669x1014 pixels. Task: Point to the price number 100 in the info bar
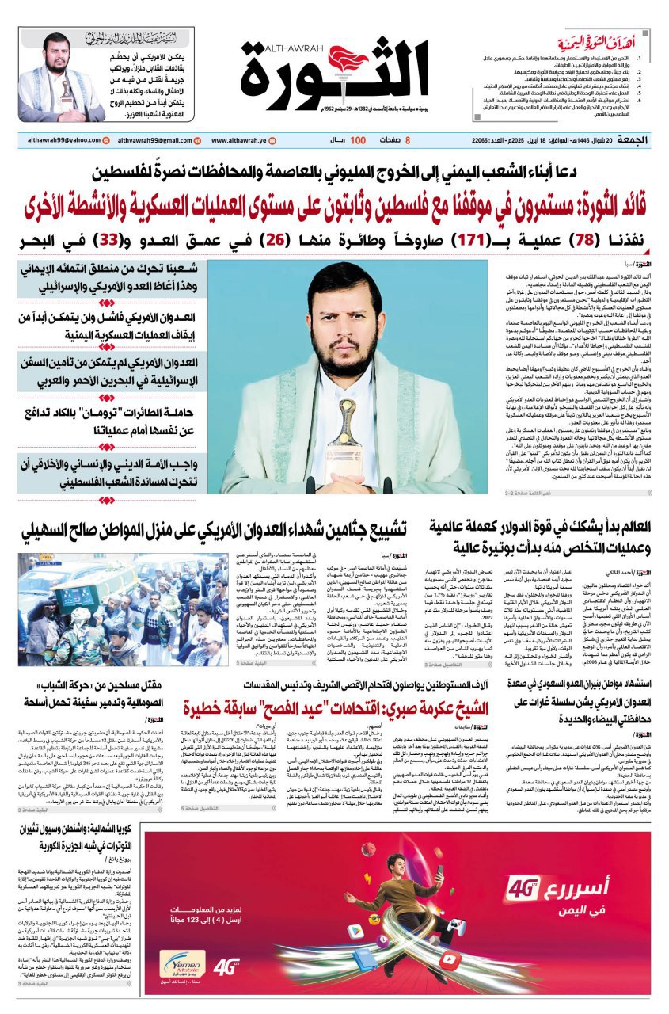(x=357, y=140)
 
